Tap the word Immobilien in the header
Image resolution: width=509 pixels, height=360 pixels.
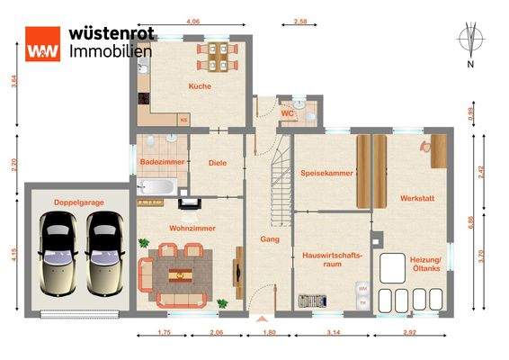click(110, 50)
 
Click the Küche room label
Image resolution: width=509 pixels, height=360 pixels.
click(199, 86)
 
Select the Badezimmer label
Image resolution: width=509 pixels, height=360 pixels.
click(162, 161)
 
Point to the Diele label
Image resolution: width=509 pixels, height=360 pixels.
click(216, 163)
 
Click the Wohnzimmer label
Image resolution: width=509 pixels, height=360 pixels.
click(190, 228)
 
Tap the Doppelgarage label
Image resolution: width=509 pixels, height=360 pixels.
click(78, 202)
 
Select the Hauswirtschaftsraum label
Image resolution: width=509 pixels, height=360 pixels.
click(332, 260)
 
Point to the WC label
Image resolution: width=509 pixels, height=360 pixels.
click(288, 114)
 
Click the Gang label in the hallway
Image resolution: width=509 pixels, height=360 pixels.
click(269, 239)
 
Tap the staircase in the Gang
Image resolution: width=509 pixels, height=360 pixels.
click(279, 184)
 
